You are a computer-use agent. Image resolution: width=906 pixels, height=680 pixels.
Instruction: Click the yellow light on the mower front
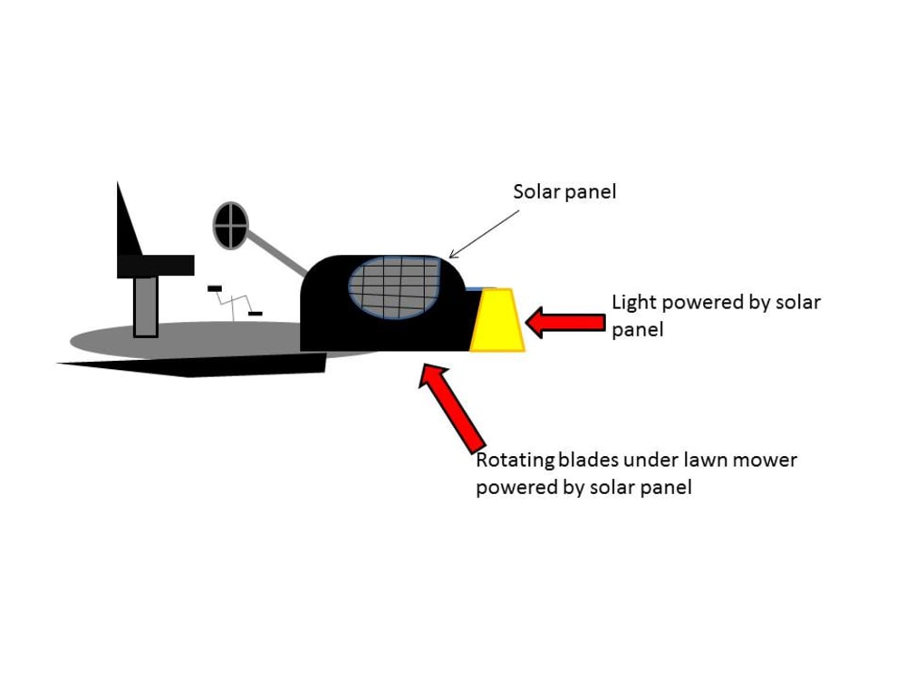click(497, 320)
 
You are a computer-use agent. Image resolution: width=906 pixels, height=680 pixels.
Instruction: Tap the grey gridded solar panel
click(395, 287)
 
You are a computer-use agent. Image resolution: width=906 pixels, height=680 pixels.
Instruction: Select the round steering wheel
click(230, 226)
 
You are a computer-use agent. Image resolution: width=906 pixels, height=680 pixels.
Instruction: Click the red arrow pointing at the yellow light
click(565, 322)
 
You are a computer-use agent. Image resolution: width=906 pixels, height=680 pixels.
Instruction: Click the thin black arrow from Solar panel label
click(484, 234)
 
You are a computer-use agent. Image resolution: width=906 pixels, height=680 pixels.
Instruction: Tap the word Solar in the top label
click(534, 191)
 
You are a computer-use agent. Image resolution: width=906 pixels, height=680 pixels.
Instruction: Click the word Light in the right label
click(634, 303)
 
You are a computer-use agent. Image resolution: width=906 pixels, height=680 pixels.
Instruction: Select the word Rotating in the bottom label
click(515, 461)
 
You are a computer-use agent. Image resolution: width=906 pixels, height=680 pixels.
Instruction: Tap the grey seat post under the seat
click(146, 307)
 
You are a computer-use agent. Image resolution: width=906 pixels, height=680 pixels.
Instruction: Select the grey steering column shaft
click(277, 253)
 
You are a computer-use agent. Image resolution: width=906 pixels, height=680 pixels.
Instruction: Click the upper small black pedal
click(215, 288)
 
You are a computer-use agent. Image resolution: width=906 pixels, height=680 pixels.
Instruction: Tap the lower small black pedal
click(255, 314)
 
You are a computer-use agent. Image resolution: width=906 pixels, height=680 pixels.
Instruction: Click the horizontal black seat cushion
click(156, 266)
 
